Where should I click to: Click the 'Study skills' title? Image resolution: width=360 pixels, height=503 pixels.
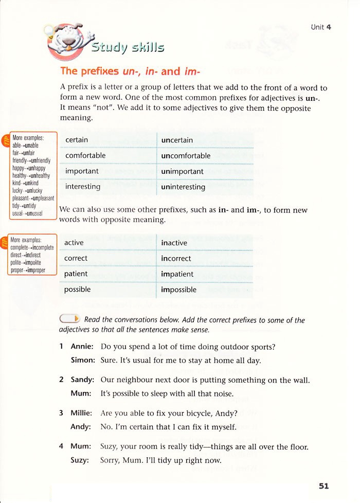click(x=128, y=48)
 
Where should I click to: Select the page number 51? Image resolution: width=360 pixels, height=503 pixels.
click(x=323, y=485)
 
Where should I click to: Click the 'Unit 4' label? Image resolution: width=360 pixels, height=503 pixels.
click(x=321, y=27)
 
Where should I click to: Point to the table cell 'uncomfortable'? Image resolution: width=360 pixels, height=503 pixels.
click(x=186, y=155)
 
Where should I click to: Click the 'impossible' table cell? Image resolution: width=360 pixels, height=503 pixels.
click(x=178, y=290)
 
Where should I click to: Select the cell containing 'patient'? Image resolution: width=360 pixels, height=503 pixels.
click(x=76, y=274)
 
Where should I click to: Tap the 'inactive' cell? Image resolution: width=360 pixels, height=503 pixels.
click(x=174, y=243)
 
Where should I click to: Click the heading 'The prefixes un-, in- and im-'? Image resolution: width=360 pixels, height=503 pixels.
click(x=130, y=71)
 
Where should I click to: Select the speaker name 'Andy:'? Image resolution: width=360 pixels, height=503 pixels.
click(x=81, y=426)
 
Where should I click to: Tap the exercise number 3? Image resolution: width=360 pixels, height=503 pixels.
click(x=61, y=412)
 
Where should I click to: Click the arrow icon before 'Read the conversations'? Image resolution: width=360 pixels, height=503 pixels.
click(x=70, y=319)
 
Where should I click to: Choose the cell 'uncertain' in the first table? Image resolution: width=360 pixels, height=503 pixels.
click(x=177, y=140)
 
